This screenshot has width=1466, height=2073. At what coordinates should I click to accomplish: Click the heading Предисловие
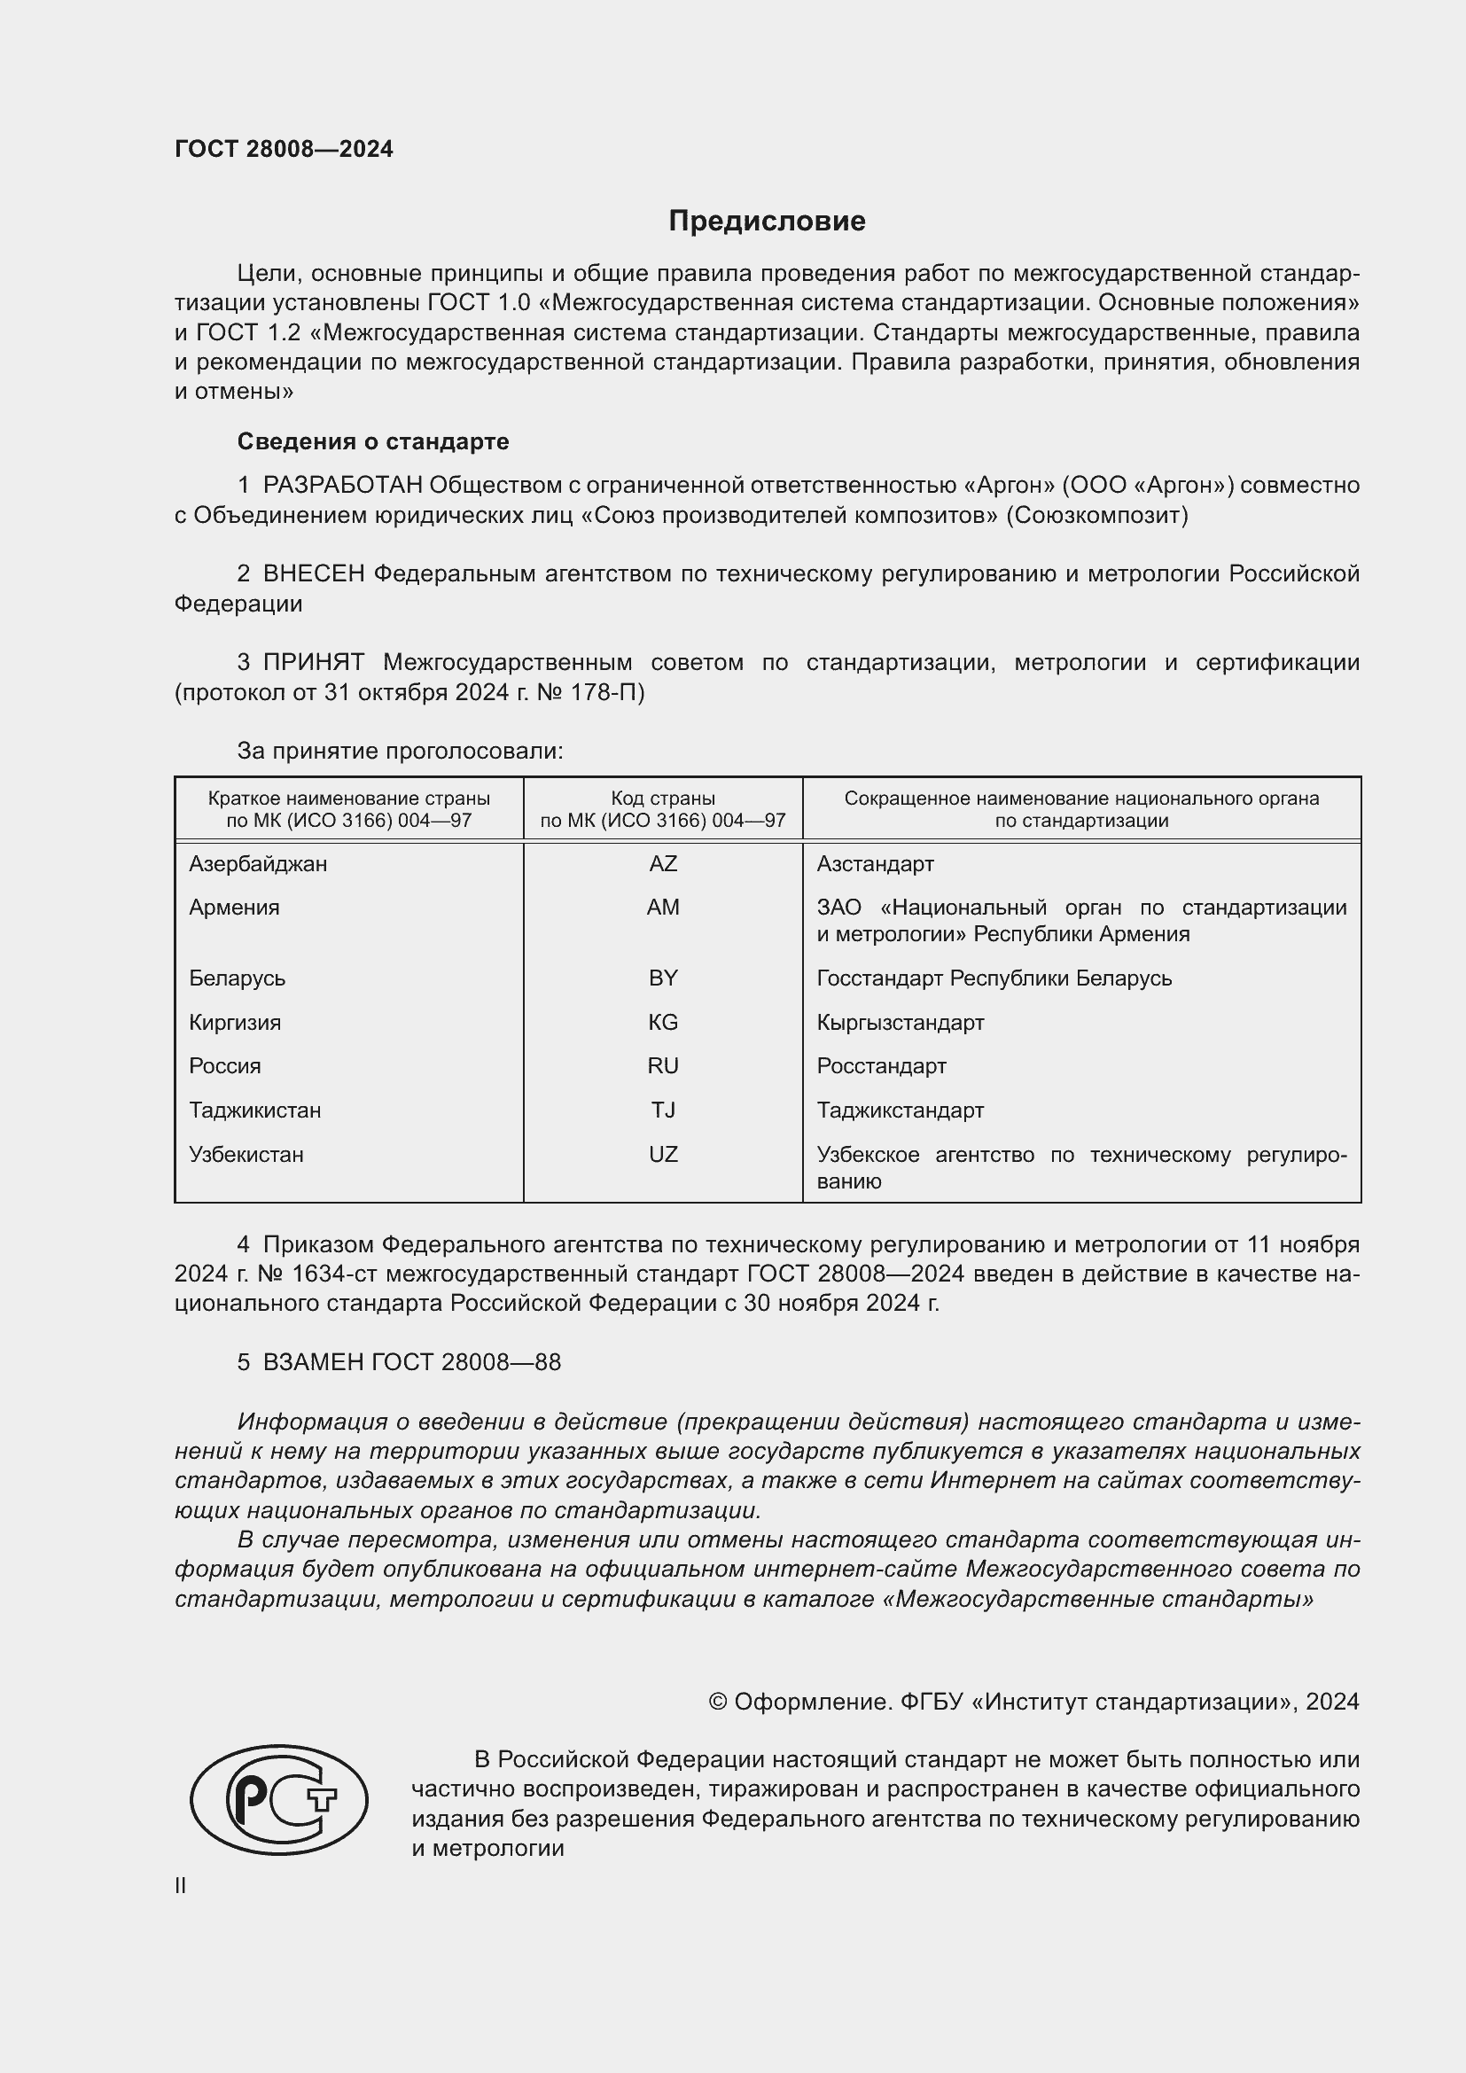tap(767, 222)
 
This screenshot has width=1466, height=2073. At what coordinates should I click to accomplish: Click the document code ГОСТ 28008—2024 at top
tap(284, 149)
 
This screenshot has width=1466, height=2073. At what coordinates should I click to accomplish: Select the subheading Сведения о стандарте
tap(373, 441)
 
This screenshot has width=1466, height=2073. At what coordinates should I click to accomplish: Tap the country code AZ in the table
tap(663, 864)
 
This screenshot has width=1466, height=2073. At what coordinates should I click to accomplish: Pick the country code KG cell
tap(663, 1022)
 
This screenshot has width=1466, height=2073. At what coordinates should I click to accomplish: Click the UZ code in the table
tap(663, 1154)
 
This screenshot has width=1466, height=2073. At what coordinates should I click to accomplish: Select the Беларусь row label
tap(237, 978)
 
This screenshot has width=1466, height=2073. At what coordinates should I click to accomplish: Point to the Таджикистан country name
tap(254, 1110)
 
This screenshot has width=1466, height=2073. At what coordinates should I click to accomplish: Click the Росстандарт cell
tap(881, 1065)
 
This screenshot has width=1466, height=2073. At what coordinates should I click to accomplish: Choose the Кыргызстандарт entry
tap(900, 1022)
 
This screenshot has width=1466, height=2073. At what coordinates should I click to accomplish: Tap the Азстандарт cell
tap(875, 864)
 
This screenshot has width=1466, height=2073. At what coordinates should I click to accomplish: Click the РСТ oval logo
tap(279, 1799)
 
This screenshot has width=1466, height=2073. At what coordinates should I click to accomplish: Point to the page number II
tap(181, 1885)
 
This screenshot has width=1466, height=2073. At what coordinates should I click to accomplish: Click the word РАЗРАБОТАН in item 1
tap(342, 486)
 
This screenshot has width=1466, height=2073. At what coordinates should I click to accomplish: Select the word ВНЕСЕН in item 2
tap(313, 574)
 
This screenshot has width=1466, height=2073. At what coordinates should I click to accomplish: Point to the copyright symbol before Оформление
tap(718, 1702)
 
